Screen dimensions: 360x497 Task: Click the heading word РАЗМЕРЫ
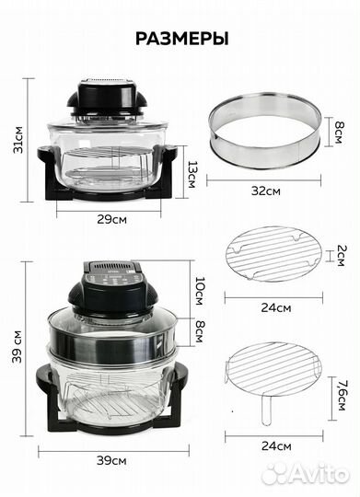(181, 39)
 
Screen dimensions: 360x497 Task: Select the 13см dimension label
(192, 175)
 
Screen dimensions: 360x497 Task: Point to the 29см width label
(111, 219)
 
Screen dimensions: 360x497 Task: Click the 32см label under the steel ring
(266, 191)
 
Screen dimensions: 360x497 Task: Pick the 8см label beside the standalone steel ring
(338, 133)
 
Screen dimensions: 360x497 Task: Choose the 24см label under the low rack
(276, 307)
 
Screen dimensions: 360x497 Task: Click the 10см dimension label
(199, 292)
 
